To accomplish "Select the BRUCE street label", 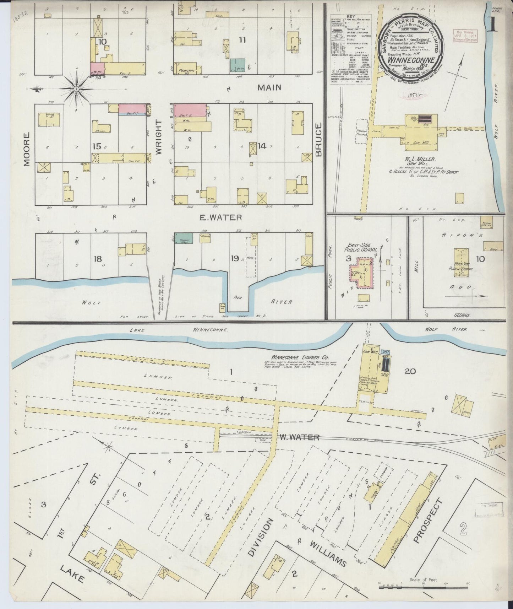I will (x=318, y=140).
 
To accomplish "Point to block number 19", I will (x=234, y=258).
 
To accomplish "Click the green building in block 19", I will (x=184, y=238).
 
